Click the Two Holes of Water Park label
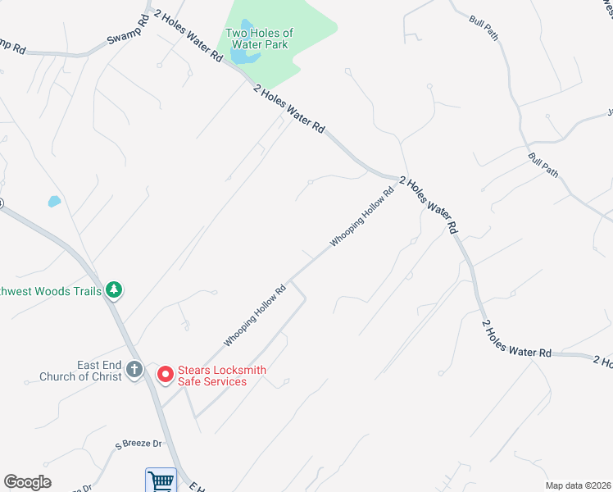coord(259,39)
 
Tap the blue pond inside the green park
coord(243,57)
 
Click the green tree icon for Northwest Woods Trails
coord(114,289)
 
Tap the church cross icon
coord(134,371)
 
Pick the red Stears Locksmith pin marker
coord(165,375)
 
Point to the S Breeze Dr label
coord(139,444)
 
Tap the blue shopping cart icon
coord(161,481)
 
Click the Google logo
coord(27,482)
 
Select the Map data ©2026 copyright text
coord(578,485)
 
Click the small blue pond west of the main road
coord(54,201)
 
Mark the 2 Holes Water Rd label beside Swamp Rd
coord(188,36)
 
